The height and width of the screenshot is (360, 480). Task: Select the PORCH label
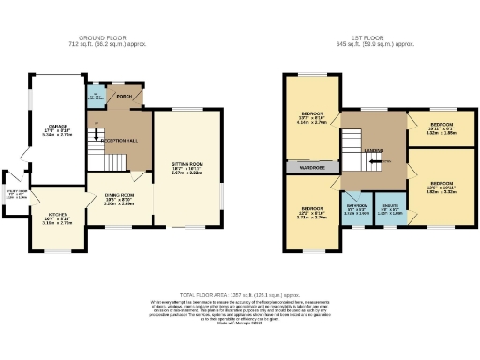pos(123,96)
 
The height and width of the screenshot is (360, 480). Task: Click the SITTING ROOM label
pos(188,166)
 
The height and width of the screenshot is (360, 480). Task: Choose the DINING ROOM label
pos(119,196)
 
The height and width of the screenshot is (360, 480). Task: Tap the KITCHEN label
pos(57,217)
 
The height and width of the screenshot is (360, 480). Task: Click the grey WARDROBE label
pos(312,169)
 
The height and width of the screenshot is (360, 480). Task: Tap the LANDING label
pos(373,148)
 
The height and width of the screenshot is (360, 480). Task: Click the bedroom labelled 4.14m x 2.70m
pos(312,117)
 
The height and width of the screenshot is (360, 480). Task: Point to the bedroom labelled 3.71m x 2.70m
pos(312,210)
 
